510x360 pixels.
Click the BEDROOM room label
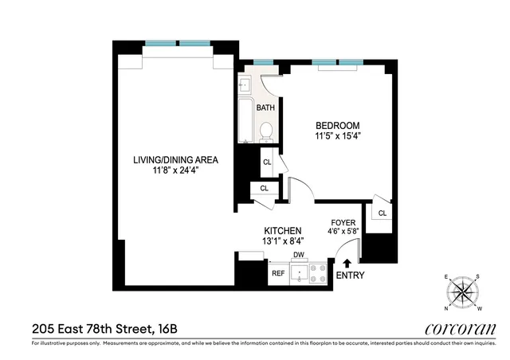337,126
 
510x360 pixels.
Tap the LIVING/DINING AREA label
175,160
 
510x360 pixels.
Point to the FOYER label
344,224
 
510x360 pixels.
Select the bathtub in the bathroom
245,121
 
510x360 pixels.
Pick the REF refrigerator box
278,273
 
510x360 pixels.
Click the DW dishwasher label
300,255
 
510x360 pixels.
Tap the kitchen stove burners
317,273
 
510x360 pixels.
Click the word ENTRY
351,276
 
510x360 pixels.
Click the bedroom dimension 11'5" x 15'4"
337,137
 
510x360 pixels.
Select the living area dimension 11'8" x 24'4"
175,170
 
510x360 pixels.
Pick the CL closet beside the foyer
382,213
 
